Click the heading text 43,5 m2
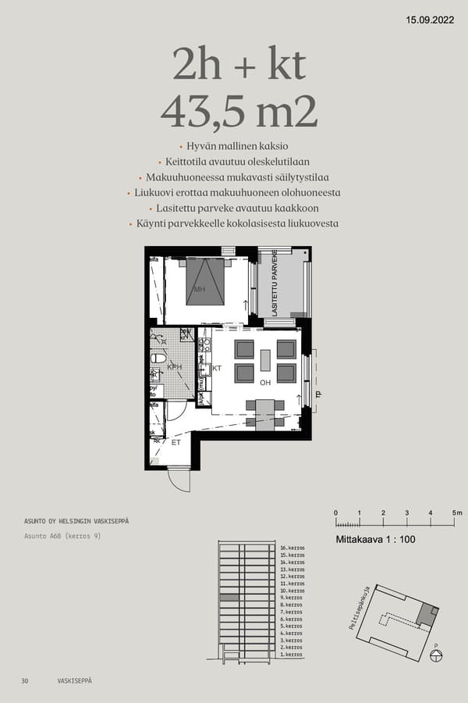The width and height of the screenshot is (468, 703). tap(239, 112)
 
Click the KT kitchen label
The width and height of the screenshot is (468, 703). tap(217, 368)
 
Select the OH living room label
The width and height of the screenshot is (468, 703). tap(265, 383)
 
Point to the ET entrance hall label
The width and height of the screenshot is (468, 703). tap(176, 443)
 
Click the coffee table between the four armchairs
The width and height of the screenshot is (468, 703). tap(265, 360)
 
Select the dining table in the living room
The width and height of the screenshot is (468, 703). tap(265, 413)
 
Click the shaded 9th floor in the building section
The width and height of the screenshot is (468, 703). tap(229, 598)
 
